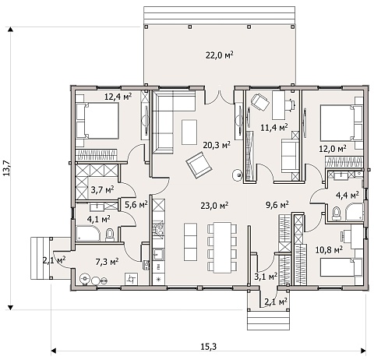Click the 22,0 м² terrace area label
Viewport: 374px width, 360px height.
point(220,55)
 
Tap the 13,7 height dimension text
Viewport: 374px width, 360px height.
point(7,168)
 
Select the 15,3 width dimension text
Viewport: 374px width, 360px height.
point(209,346)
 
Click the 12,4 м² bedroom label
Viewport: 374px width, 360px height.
point(118,97)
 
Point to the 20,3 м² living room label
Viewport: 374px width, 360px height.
point(217,145)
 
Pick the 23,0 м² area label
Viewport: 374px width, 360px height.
point(214,206)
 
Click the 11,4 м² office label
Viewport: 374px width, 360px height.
point(274,128)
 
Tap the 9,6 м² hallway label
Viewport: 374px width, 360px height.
point(277,205)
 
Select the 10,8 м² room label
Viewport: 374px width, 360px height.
point(329,250)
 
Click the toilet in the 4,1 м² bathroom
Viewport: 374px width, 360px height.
point(110,235)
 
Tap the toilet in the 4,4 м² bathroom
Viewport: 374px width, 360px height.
point(337,214)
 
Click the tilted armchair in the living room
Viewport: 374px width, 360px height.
point(199,165)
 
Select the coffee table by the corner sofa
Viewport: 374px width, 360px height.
point(189,132)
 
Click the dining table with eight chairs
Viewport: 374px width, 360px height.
point(222,248)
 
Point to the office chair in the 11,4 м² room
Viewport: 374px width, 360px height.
point(260,102)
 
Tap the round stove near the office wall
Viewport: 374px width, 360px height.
point(237,175)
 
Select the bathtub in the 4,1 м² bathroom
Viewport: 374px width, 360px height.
point(87,233)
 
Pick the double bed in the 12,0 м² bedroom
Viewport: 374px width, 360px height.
point(340,123)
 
